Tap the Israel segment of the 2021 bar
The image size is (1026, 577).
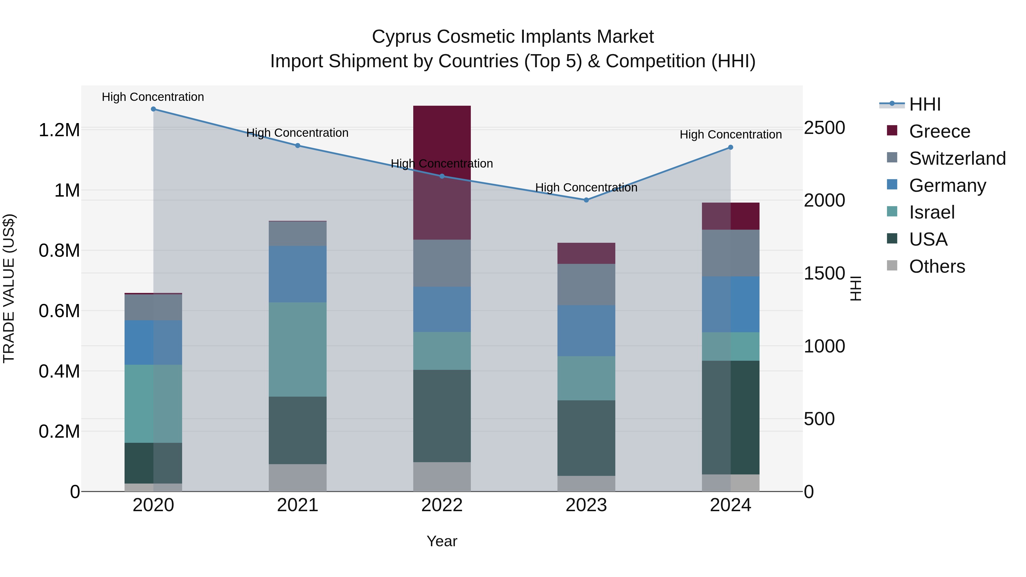298,349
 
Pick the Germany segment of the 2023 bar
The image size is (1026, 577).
586,331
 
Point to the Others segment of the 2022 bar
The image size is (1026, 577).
442,477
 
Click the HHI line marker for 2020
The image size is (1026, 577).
153,109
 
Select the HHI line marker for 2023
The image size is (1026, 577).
586,200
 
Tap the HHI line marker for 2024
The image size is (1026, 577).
730,147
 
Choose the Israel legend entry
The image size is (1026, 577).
932,212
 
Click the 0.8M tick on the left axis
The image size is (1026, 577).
59,251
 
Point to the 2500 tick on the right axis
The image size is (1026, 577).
824,128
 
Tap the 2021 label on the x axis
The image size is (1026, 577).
298,505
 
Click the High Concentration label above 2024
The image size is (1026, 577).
730,134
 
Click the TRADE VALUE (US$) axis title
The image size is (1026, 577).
9,288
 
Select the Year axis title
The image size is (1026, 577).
442,541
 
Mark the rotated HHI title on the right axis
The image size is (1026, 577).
856,288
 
